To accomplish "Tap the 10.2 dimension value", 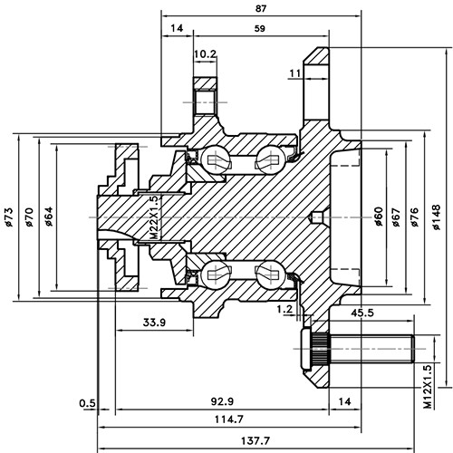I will tap(205, 54).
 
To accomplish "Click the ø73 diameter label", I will tap(8, 218).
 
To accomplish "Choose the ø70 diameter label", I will tap(29, 218).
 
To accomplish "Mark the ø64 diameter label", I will tap(50, 218).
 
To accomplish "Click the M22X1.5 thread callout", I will tap(154, 217).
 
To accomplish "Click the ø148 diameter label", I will tap(437, 218).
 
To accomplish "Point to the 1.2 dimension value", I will tap(283, 309).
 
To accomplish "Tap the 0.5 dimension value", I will tap(87, 401).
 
